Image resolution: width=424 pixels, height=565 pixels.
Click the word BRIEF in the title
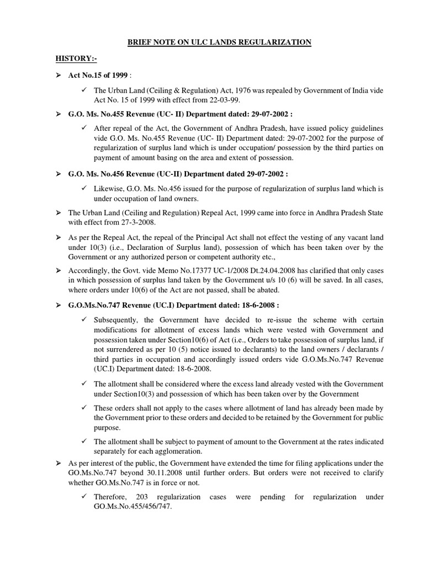(142, 42)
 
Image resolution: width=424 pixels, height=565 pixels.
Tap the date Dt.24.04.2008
(259, 271)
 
